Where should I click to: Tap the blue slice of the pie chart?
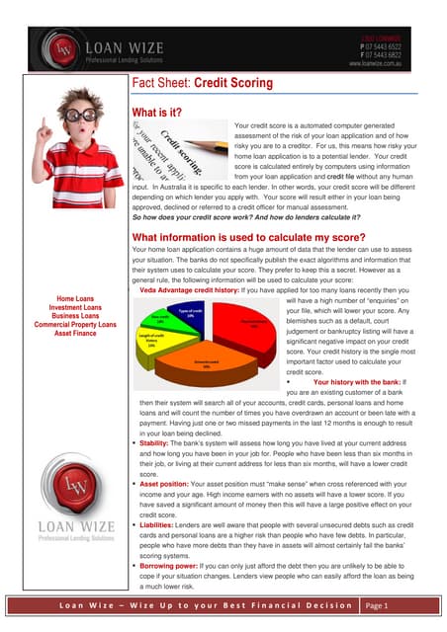[189, 314]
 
